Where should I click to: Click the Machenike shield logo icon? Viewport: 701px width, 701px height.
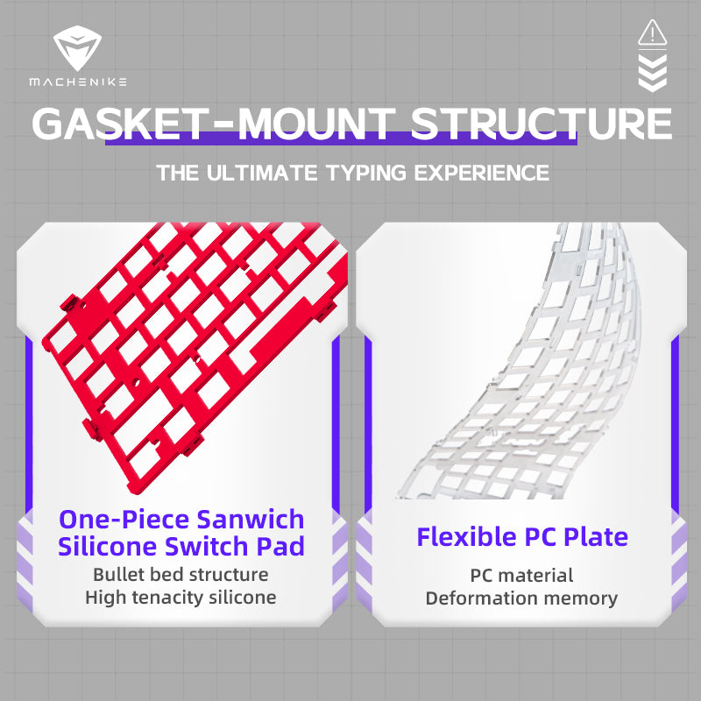point(77,48)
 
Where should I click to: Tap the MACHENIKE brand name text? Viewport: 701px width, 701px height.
point(77,81)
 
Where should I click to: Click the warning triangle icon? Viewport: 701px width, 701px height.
point(652,32)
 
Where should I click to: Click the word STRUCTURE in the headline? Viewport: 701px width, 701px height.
point(542,124)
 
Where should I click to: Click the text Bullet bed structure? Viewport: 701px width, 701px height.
point(181,575)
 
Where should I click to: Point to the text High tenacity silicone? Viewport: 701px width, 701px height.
point(181,598)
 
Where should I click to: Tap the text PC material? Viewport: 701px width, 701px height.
point(521,576)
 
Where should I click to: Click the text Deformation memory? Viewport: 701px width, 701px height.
point(521,598)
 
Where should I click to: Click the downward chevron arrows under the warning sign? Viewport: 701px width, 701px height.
point(652,73)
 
